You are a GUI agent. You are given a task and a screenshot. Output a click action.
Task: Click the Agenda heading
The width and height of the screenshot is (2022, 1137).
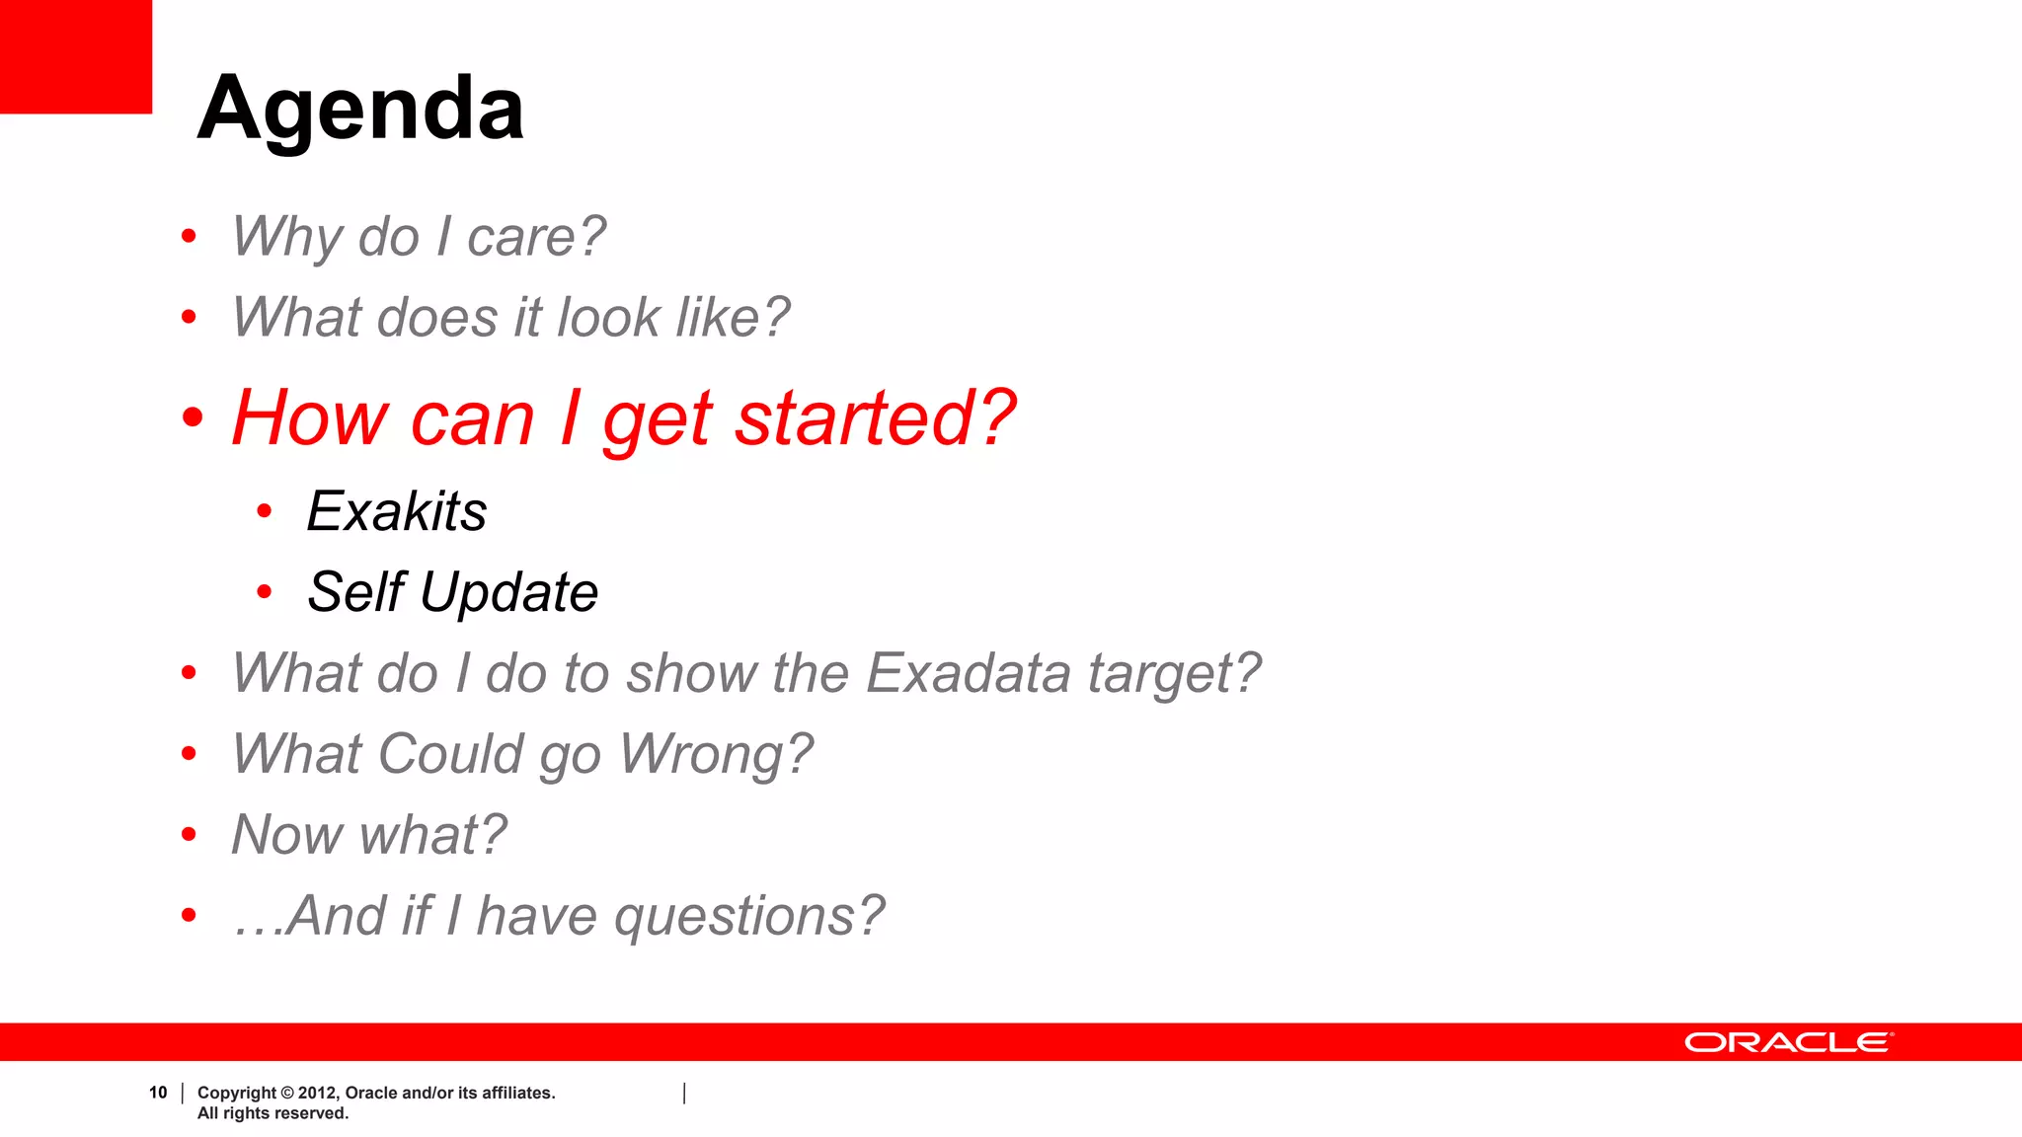[360, 109]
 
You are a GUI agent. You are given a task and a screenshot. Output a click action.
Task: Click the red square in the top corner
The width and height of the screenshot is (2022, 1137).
[75, 56]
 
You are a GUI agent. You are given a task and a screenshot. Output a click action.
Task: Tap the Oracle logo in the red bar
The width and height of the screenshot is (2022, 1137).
[1788, 1042]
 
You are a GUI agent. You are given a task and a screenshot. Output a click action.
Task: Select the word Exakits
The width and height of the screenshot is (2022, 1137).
[397, 511]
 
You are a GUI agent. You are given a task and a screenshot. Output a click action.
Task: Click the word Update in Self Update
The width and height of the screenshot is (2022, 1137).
[508, 592]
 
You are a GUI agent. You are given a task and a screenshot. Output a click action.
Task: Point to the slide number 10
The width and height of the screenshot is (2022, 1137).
[158, 1093]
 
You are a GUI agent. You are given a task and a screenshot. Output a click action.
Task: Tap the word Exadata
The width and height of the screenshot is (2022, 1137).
[968, 673]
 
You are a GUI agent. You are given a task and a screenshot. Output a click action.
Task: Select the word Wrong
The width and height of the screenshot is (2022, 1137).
[715, 754]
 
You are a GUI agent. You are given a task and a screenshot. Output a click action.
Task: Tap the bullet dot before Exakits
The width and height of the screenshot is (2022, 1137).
[264, 511]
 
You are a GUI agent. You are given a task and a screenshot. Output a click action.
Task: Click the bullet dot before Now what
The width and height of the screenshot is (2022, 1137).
[189, 835]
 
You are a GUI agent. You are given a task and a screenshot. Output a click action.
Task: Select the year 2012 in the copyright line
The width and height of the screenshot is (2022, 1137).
[317, 1093]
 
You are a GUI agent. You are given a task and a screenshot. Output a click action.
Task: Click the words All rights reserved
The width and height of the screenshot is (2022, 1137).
[272, 1113]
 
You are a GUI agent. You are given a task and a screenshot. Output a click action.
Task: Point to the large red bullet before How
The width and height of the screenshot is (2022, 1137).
[193, 417]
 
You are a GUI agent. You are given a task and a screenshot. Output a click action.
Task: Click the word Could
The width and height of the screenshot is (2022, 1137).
[450, 754]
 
